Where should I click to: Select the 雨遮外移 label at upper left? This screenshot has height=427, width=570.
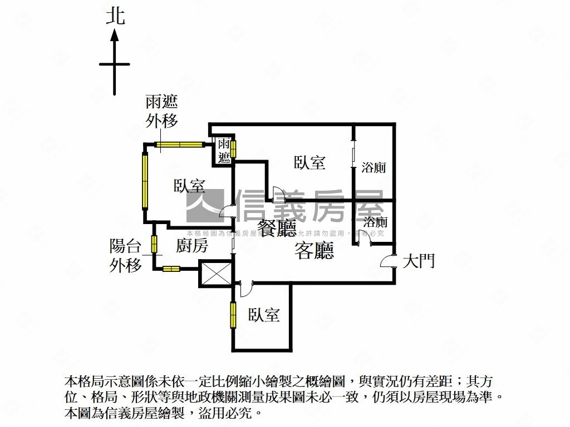[x=161, y=111]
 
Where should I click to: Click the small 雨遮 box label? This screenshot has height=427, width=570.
[x=224, y=150]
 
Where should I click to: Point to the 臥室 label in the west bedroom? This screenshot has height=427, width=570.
[x=189, y=186]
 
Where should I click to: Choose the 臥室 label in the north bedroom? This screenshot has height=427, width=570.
[x=309, y=162]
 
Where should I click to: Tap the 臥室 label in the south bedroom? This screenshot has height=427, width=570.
[x=264, y=315]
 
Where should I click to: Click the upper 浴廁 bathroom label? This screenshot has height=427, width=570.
[x=374, y=167]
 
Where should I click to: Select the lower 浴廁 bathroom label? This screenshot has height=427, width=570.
[x=374, y=222]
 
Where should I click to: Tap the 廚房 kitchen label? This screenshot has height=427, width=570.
[x=192, y=246]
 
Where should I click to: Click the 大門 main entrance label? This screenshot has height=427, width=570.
[x=418, y=261]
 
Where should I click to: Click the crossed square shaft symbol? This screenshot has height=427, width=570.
[x=214, y=274]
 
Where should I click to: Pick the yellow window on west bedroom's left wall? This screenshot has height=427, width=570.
[x=145, y=180]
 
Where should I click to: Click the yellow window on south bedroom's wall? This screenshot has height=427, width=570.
[x=233, y=314]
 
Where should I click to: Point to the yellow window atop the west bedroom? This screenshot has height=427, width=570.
[x=179, y=145]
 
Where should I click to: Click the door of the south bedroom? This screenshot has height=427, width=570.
[x=244, y=288]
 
